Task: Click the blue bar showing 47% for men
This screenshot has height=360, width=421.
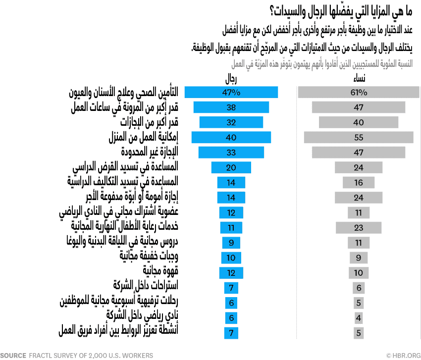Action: click(231, 93)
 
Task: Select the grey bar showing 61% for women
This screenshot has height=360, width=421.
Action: click(359, 93)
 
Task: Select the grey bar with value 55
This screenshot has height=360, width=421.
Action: click(359, 138)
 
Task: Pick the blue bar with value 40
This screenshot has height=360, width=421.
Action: click(231, 138)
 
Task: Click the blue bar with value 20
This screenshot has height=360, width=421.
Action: click(231, 167)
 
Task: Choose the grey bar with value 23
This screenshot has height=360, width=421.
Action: click(359, 228)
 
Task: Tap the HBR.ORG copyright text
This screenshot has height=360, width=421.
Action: click(403, 355)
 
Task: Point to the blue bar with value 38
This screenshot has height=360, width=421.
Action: click(231, 107)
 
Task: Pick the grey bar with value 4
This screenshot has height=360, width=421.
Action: click(359, 317)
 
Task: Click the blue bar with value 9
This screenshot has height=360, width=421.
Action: click(231, 243)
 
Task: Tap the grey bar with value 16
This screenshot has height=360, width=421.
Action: click(359, 183)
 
